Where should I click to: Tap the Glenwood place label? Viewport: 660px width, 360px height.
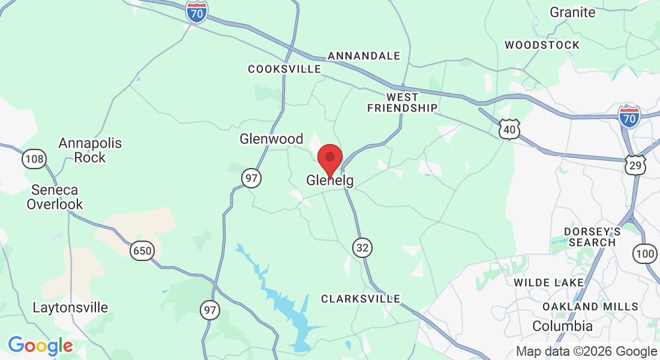(271, 139)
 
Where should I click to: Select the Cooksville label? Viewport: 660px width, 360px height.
(284, 69)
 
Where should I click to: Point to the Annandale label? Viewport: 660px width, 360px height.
(364, 56)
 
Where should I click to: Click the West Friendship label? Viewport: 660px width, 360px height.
(402, 103)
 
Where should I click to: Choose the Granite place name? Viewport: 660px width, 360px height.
(572, 12)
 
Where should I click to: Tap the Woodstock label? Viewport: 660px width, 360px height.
(542, 45)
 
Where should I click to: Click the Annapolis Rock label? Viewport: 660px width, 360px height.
(90, 150)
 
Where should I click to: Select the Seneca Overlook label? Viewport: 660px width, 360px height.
(55, 197)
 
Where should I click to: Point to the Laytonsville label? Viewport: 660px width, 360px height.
(70, 308)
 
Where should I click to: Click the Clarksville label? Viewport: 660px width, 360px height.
(360, 298)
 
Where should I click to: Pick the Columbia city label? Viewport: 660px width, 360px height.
(563, 326)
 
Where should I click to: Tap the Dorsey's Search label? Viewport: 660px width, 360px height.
(592, 237)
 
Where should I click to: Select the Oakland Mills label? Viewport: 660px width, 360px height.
(590, 307)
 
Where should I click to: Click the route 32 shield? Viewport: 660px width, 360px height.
(362, 248)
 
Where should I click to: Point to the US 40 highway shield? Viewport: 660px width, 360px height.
(509, 129)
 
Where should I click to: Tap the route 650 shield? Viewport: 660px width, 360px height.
(142, 250)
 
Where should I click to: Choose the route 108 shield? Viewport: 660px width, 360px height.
(34, 159)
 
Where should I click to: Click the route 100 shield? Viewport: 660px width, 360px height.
(644, 253)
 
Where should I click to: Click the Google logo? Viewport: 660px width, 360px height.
(40, 346)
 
